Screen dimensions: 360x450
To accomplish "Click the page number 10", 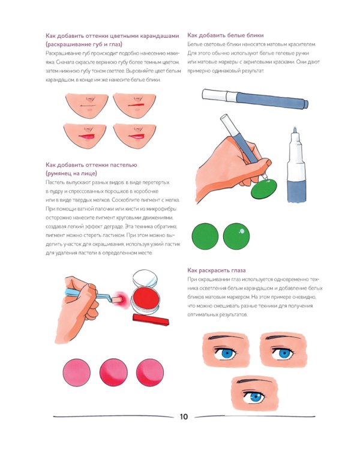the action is point(184,417).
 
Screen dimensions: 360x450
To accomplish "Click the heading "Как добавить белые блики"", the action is point(226,35).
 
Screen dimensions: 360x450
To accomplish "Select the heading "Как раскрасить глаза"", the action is point(217,271).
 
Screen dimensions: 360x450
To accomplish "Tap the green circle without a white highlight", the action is point(205,236).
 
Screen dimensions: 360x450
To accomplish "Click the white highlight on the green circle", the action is point(242,231).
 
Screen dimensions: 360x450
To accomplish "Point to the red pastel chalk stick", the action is point(151,320).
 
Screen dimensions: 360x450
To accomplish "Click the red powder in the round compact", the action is point(146,299).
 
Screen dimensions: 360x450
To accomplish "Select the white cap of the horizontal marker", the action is point(214,95).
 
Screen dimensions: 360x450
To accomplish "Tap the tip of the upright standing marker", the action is point(295,128).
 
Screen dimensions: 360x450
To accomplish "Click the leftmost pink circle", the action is point(77,373).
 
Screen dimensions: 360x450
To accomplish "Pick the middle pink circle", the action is point(113,373).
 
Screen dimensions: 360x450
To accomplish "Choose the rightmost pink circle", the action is point(150,373).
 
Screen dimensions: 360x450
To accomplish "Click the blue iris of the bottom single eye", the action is point(254,398).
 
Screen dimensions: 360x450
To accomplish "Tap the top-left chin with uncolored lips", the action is point(86,105).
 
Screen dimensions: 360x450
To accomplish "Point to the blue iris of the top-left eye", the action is point(227,353).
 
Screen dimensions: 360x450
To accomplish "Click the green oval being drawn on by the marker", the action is point(264,189).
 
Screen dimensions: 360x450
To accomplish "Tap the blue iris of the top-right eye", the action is point(283,353).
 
